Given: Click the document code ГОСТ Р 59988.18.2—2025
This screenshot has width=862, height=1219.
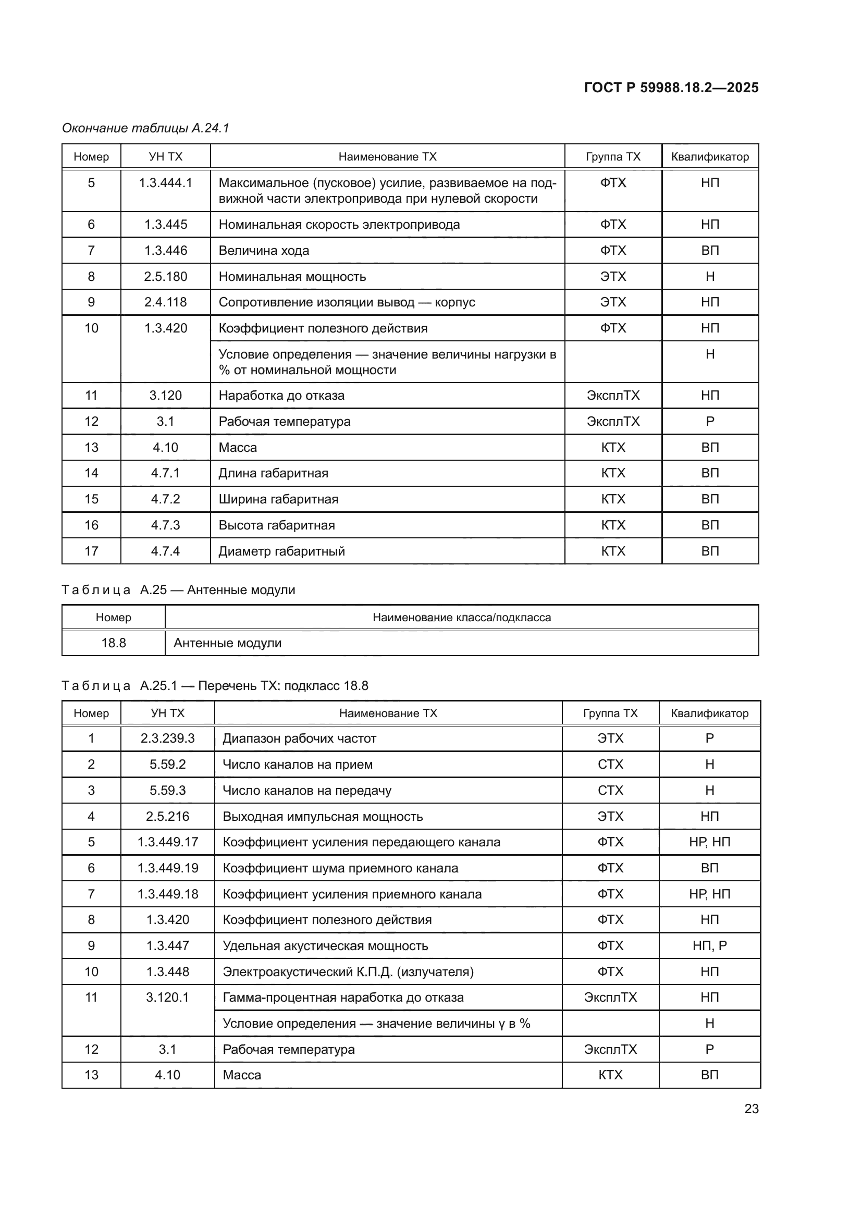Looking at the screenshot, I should [671, 88].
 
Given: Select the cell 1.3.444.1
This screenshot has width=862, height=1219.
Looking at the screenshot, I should [166, 183].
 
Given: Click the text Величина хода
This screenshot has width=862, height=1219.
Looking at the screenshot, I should [264, 251].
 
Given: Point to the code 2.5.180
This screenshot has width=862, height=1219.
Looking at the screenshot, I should [166, 277].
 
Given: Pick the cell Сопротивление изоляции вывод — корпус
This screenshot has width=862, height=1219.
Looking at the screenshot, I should [347, 303].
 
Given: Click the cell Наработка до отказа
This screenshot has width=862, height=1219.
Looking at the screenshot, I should [281, 396].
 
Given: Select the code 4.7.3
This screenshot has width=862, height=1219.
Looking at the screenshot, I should [166, 525].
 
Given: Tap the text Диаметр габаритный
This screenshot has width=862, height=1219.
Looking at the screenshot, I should [281, 551].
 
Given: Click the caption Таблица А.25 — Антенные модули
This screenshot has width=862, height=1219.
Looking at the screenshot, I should [178, 590].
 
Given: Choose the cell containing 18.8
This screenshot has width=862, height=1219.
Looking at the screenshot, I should [114, 643].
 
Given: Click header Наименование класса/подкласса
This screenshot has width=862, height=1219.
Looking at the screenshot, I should [461, 618].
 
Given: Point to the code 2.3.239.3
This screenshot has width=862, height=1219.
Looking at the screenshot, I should [167, 738].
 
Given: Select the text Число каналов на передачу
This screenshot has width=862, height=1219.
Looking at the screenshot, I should [307, 791].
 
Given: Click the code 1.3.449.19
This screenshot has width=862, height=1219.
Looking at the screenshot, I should [167, 868].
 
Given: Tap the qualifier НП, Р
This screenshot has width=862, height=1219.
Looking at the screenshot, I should [709, 946].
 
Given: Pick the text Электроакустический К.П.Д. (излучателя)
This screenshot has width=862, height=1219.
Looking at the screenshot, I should [348, 972].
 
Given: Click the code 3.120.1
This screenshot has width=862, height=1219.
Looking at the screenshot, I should [167, 998].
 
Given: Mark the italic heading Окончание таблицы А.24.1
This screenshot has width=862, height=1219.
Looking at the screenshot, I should [145, 128].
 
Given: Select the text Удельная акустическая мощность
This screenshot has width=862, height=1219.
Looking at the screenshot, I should [325, 946].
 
